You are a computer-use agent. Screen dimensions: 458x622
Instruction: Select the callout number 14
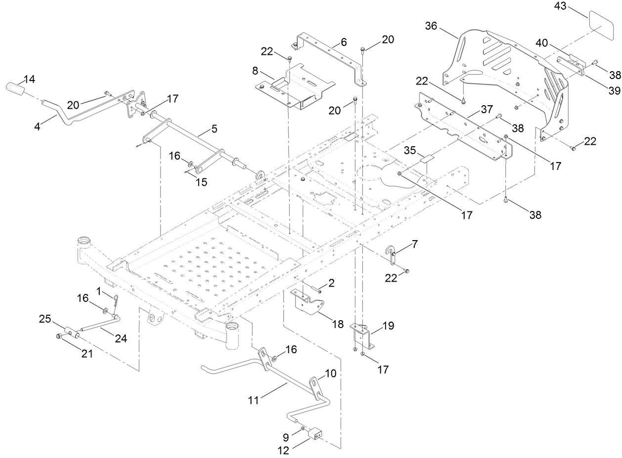tap(29, 79)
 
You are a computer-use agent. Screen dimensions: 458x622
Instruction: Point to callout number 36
tap(431, 26)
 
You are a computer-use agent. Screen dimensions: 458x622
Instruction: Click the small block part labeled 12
tap(314, 434)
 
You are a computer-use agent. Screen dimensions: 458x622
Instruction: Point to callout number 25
tap(45, 320)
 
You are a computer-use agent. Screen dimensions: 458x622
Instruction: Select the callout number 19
tap(389, 325)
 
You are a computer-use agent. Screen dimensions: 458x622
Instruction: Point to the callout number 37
tap(487, 108)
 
